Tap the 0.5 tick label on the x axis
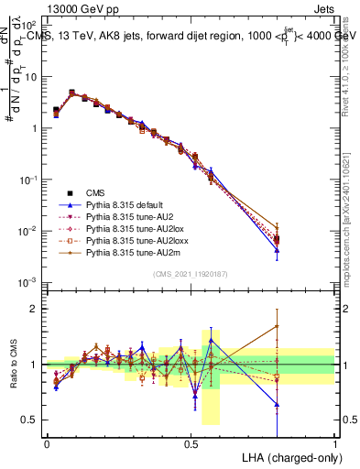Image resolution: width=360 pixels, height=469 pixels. tap(191, 443)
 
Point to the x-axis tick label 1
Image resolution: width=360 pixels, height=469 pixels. tap(335, 443)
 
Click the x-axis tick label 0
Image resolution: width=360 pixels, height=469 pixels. tap(47, 443)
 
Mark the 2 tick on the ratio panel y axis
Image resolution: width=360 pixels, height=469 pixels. tap(34, 309)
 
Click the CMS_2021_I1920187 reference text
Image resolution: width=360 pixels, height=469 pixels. tap(191, 275)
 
